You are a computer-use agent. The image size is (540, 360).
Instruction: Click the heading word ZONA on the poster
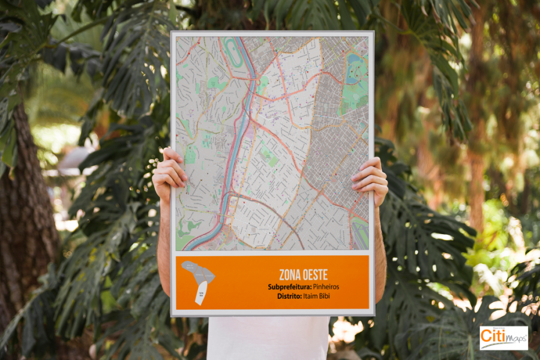pos(290,275)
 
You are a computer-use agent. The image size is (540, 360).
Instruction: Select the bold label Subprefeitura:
pos(289,287)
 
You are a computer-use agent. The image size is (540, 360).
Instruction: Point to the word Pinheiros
pos(326,287)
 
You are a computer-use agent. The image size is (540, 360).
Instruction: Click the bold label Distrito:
pos(292,296)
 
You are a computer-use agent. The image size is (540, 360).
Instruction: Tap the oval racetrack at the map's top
pos(233,52)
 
